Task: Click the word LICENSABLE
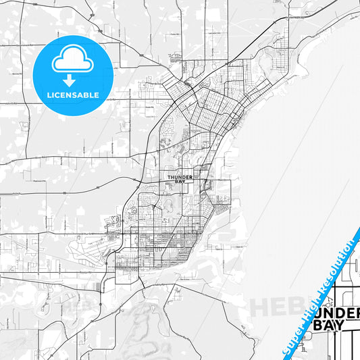[x=72, y=95]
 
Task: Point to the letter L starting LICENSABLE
[x=48, y=95]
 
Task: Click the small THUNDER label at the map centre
[x=180, y=177]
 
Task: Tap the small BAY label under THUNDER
[x=180, y=182]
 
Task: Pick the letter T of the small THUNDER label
[x=168, y=177]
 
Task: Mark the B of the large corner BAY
[x=317, y=324]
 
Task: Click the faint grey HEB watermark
[x=273, y=307]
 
